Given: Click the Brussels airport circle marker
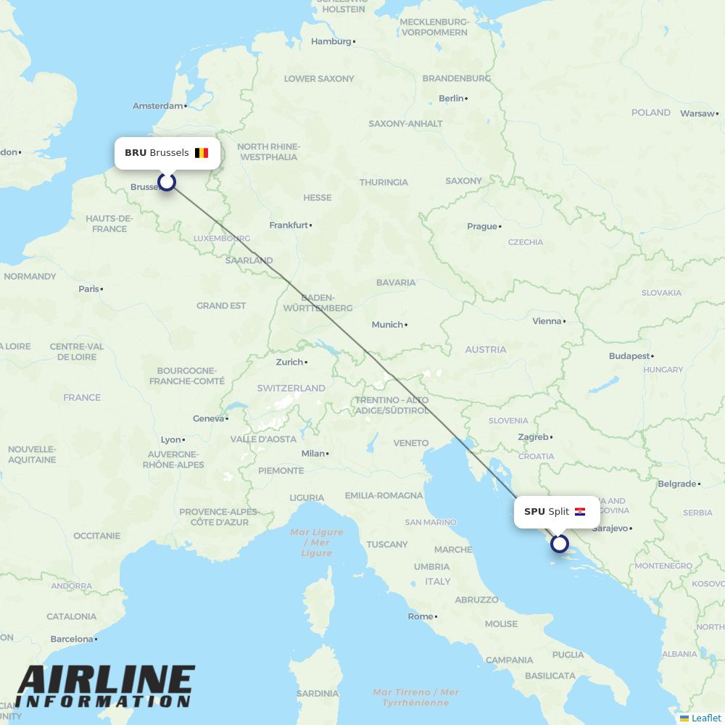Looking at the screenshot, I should (167, 181).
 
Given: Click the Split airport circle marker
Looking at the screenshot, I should (560, 543).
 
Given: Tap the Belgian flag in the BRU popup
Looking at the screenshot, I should (202, 153).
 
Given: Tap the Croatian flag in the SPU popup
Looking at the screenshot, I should (580, 512).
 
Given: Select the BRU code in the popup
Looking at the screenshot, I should (136, 153).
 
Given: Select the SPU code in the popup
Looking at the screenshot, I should (534, 512).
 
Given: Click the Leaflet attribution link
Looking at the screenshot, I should (705, 718).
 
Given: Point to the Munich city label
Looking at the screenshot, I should (387, 325).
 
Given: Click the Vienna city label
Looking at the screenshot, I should (547, 321).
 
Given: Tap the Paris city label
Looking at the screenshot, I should (88, 289).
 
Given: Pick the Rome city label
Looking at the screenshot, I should (420, 617).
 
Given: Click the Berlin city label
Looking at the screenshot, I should (451, 99).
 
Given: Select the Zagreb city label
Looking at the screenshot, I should (533, 437).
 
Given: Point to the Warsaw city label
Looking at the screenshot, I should (697, 114).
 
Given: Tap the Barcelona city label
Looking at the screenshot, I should (72, 639).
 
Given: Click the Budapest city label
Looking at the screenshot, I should (629, 356).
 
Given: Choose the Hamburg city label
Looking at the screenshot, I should (331, 41).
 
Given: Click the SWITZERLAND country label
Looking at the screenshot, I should (291, 388).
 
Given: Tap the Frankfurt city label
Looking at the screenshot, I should (289, 225).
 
